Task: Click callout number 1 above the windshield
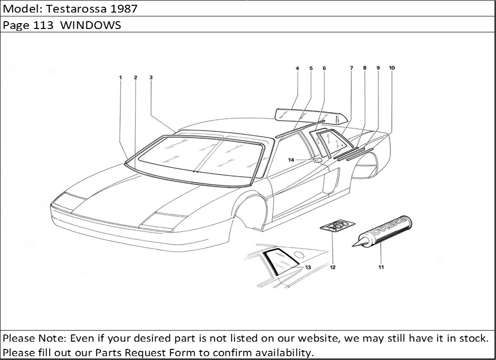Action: pyautogui.click(x=121, y=78)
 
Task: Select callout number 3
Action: pyautogui.click(x=151, y=78)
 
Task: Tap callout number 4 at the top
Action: pyautogui.click(x=297, y=69)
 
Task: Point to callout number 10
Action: pyautogui.click(x=392, y=68)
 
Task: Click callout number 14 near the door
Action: pyautogui.click(x=291, y=160)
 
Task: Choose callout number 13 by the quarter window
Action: pyautogui.click(x=308, y=267)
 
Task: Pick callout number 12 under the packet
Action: pyautogui.click(x=332, y=267)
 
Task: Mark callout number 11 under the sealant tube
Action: pyautogui.click(x=381, y=267)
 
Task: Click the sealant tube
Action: pyautogui.click(x=382, y=231)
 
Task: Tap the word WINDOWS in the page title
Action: pyautogui.click(x=91, y=25)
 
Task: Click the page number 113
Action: pyautogui.click(x=43, y=25)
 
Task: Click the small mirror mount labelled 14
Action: pyautogui.click(x=317, y=160)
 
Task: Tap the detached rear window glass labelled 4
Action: pyautogui.click(x=312, y=115)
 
